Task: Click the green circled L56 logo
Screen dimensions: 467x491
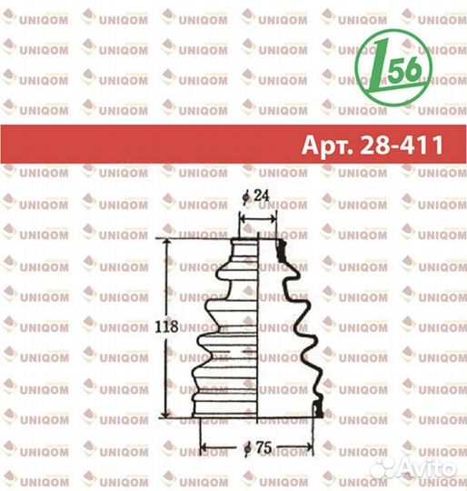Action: click(393, 67)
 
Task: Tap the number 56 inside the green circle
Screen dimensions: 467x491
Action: click(406, 68)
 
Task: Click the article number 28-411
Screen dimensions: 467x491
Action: click(402, 145)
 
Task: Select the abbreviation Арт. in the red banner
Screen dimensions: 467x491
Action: click(327, 145)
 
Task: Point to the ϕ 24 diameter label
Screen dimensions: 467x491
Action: click(255, 196)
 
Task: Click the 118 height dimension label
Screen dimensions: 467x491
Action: click(166, 327)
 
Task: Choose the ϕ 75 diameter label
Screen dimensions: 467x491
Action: click(258, 447)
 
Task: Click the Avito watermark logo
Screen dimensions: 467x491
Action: click(416, 469)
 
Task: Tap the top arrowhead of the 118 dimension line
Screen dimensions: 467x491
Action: click(166, 243)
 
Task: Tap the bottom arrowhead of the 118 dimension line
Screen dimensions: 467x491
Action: click(166, 414)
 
